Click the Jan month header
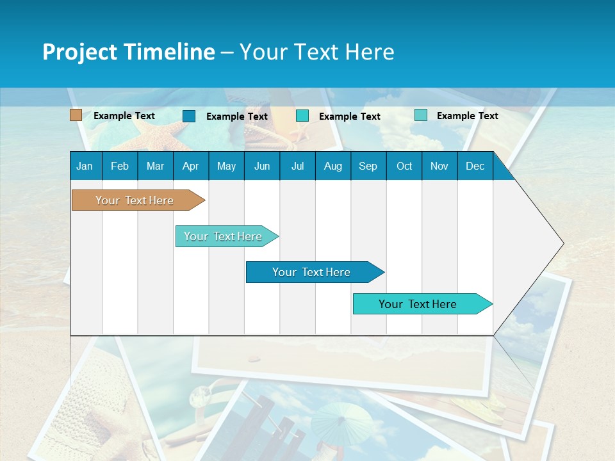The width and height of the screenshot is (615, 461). (85, 166)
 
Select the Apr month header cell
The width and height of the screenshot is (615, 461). (190, 166)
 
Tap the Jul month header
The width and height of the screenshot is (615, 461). (297, 166)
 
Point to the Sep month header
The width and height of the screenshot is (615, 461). (368, 166)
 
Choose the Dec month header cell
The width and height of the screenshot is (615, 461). (475, 166)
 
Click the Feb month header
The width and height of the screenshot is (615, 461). (120, 166)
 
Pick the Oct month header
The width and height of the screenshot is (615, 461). (404, 166)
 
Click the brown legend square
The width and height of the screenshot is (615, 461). (76, 115)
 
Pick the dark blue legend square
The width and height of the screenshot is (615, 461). (189, 116)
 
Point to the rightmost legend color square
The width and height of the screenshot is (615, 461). (421, 115)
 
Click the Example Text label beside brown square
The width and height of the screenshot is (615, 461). (124, 116)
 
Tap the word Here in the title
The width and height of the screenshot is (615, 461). (370, 52)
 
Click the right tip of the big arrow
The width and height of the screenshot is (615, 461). (562, 243)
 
